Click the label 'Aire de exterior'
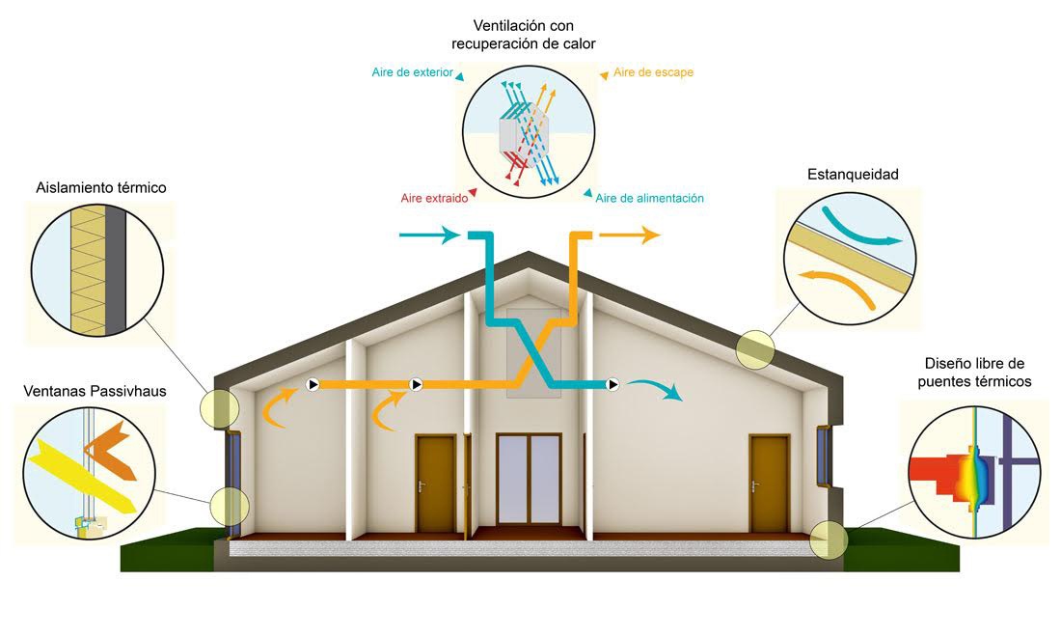coord(412,72)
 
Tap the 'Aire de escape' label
coord(653,72)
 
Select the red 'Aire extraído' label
coord(434,199)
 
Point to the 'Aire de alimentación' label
coord(649,199)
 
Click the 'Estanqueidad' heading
coord(853,175)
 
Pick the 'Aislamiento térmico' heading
coord(101,187)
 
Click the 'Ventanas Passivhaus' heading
coord(95,391)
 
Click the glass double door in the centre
coord(530,479)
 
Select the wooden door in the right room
coord(770,483)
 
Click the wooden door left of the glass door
coord(435,483)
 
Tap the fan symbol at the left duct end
coord(313,384)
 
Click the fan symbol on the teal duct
coord(612,384)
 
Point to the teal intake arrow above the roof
coord(429,235)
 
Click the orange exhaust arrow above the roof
coord(629,235)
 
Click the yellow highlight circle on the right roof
coord(755,349)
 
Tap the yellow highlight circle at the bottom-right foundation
coord(829,540)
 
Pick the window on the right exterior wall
coord(824,456)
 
